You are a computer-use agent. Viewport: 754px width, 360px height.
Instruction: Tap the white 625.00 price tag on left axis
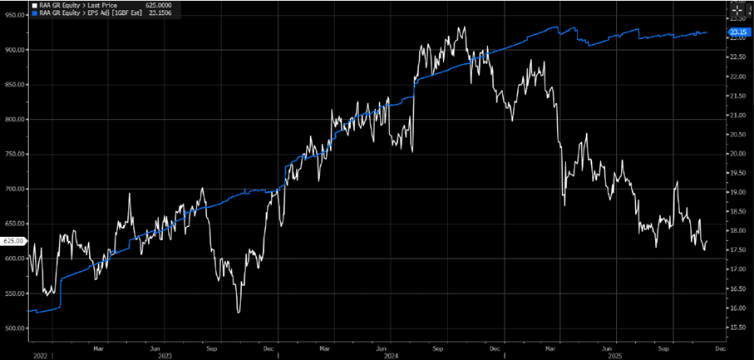(x=12, y=241)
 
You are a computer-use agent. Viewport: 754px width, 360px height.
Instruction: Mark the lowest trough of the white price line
(x=239, y=313)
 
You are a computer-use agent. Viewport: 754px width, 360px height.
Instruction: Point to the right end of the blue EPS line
(x=707, y=32)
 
